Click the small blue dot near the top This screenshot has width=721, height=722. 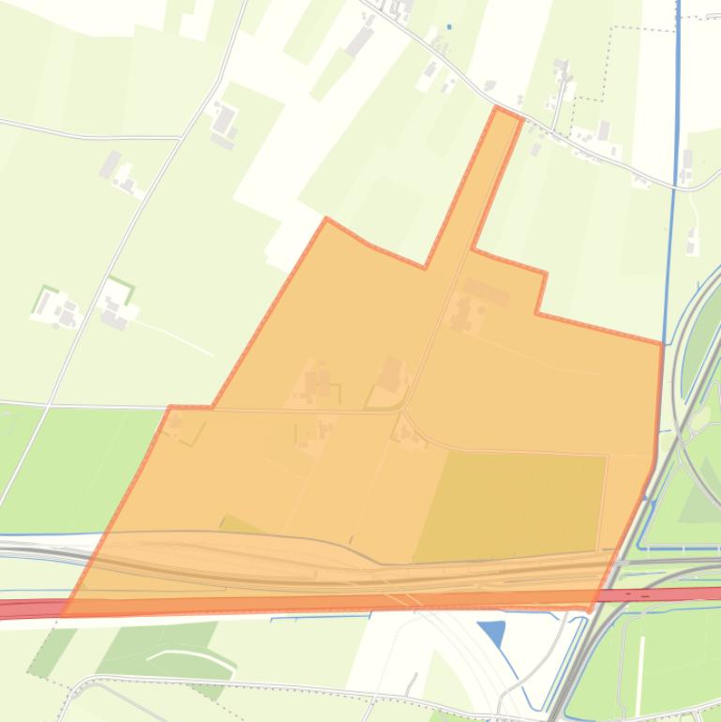[448, 26]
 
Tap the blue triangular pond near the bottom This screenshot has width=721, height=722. [493, 633]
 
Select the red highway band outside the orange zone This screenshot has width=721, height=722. [675, 594]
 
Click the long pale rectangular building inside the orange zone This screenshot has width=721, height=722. [486, 291]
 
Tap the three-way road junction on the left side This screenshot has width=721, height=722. [178, 138]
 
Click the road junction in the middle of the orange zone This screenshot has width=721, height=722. [403, 411]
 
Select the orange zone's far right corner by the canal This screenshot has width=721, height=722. [662, 344]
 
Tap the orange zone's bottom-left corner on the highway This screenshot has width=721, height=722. [64, 614]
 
